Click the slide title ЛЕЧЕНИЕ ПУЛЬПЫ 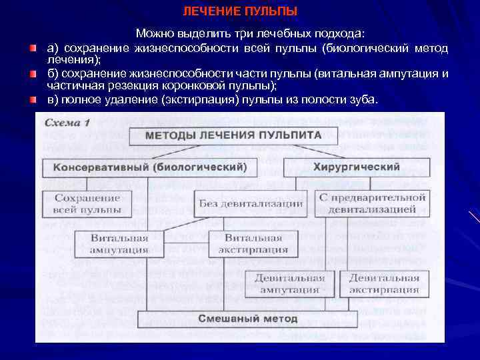[x=240, y=12]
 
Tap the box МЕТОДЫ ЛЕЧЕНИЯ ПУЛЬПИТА [x=233, y=135]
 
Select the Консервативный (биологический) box [x=149, y=167]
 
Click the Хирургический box [x=357, y=167]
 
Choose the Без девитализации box [x=251, y=203]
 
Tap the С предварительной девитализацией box [x=372, y=203]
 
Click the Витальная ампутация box [x=120, y=244]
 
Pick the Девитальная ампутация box [x=290, y=283]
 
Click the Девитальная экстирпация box [x=384, y=283]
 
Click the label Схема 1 [x=67, y=123]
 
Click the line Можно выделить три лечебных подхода [x=255, y=33]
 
